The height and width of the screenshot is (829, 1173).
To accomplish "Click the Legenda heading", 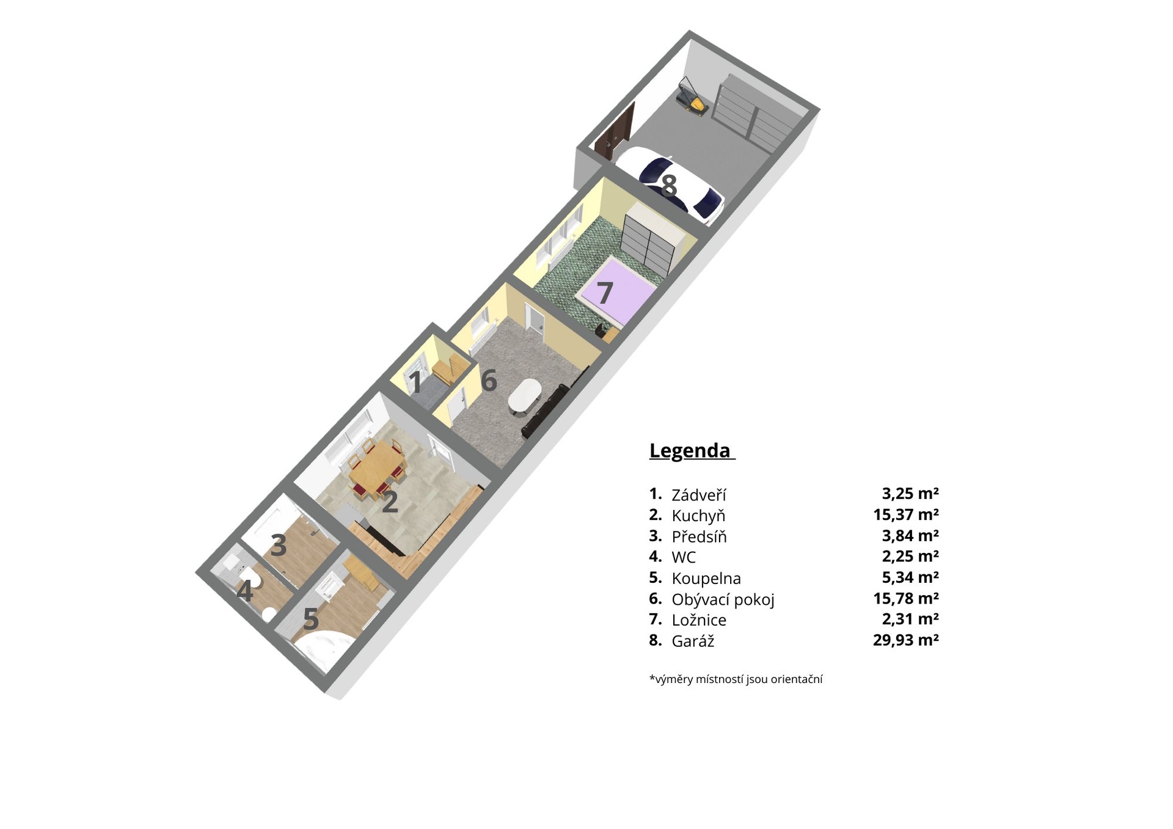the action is click(x=690, y=450).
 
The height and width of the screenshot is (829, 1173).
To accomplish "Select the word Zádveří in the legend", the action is click(x=699, y=495).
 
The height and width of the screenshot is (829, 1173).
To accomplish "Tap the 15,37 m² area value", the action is click(x=906, y=514).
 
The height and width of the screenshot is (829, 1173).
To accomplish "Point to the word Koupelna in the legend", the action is click(x=706, y=578).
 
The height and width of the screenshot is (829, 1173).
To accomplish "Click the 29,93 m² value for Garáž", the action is click(x=906, y=640).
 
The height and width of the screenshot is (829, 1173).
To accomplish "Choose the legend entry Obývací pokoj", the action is click(x=723, y=600).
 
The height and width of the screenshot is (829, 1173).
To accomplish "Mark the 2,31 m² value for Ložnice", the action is click(x=910, y=619).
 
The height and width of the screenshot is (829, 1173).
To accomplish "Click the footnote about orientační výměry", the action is click(x=736, y=679).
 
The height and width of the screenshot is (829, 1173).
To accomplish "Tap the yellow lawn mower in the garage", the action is click(x=693, y=97).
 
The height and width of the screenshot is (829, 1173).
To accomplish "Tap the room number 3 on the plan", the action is click(x=279, y=546).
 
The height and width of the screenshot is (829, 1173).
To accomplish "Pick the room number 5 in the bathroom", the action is click(x=311, y=619).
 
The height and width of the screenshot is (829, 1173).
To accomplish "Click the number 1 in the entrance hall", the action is click(x=415, y=383).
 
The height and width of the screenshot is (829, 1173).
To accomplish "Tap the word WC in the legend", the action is click(x=684, y=557).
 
